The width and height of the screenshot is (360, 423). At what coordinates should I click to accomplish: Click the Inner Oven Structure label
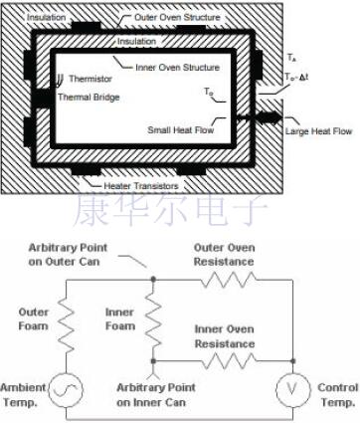(x=180, y=68)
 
